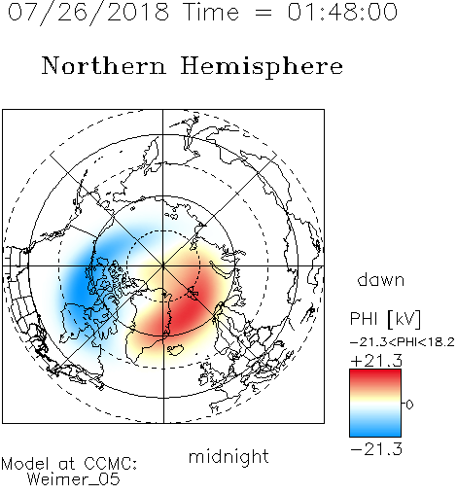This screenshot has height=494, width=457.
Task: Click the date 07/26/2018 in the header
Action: (x=88, y=13)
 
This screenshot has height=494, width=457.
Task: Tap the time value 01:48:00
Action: (x=342, y=13)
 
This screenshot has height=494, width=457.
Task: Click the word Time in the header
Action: (x=211, y=13)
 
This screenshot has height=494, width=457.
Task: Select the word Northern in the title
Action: (x=103, y=65)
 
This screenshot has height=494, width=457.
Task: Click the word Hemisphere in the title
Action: (x=262, y=67)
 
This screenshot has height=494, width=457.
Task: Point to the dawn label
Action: (x=381, y=279)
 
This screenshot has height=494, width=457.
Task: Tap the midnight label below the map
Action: (x=228, y=456)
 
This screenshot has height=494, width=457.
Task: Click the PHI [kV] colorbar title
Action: (x=385, y=319)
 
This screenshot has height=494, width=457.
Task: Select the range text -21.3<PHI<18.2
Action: (x=403, y=342)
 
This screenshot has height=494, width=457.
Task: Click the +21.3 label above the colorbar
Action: (x=376, y=361)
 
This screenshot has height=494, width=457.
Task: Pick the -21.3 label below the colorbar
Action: (x=376, y=449)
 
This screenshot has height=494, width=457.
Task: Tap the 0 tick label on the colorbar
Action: (x=409, y=405)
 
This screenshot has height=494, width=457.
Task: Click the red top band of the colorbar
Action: (x=375, y=375)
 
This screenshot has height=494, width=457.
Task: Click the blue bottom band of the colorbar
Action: (x=375, y=431)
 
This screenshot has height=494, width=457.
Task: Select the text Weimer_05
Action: (x=74, y=479)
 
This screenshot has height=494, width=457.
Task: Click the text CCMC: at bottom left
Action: (x=111, y=464)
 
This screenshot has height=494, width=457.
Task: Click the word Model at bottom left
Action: (x=25, y=464)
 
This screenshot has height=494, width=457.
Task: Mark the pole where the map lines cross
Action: (x=163, y=265)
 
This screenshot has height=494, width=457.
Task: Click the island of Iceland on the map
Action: (x=176, y=349)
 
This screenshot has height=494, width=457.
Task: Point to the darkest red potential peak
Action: (x=187, y=311)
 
